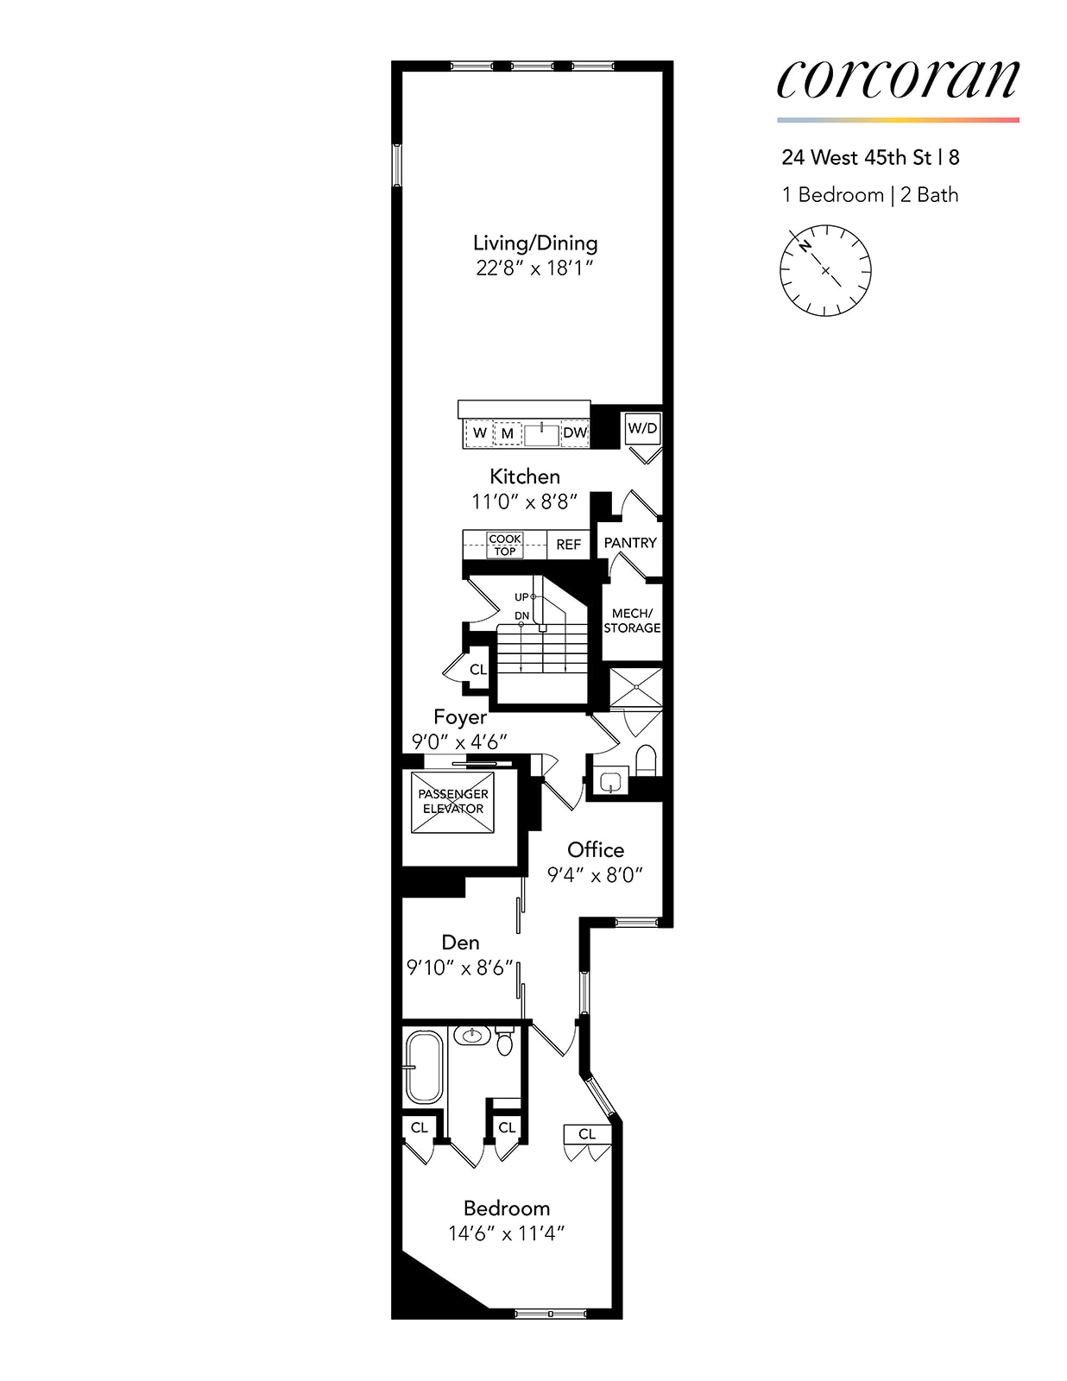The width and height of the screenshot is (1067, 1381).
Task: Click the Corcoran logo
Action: tap(898, 79)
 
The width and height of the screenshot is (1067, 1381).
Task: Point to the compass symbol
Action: tap(825, 270)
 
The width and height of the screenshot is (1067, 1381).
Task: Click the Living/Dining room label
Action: tap(535, 243)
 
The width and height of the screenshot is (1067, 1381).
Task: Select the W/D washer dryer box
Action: tap(641, 428)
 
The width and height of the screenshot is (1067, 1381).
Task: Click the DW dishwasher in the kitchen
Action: tap(575, 432)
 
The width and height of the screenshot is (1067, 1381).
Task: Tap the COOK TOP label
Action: tap(504, 545)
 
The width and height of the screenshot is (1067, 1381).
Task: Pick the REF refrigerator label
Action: tap(568, 545)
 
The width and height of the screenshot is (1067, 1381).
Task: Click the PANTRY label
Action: tap(630, 543)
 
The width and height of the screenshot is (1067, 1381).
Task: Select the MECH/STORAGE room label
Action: tap(632, 621)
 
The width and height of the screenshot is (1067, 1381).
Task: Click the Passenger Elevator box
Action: tap(452, 802)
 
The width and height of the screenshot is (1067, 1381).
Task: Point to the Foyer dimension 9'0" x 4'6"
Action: tap(459, 741)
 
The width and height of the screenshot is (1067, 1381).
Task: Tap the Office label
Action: tap(596, 849)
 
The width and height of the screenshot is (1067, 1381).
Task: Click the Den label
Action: tap(460, 943)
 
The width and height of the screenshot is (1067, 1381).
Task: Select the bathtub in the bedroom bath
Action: tap(423, 1067)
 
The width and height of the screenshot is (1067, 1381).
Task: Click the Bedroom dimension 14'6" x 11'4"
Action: tap(506, 1233)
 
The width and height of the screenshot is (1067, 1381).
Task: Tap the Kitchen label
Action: tap(525, 476)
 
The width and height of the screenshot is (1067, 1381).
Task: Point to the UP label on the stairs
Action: tap(521, 597)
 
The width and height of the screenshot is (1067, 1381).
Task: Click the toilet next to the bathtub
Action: tap(505, 1043)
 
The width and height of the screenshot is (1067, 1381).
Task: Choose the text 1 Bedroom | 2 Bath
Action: tap(870, 195)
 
